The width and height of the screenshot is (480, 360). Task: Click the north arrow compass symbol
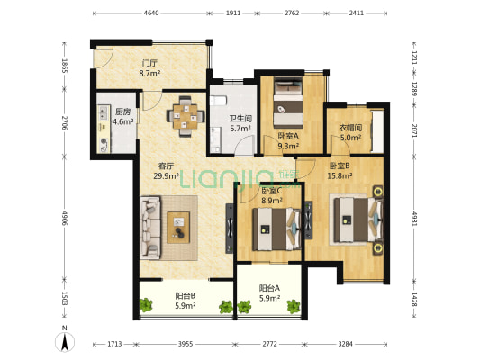[x=65, y=342]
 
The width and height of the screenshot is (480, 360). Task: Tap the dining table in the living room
[x=186, y=116]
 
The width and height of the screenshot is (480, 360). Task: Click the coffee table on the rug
[x=178, y=228]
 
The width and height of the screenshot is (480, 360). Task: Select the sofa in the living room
[x=150, y=228]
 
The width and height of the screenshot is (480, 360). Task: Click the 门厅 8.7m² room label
[x=149, y=68]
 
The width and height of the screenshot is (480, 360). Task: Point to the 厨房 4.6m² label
[x=122, y=117]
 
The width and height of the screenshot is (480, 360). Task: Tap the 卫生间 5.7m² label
[x=240, y=123]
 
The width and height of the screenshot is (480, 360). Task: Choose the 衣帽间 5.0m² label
[x=350, y=132]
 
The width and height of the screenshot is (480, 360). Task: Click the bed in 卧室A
[x=288, y=103]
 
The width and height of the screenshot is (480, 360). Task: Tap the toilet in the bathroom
[x=218, y=101]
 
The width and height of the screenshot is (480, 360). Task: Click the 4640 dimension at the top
[x=151, y=13]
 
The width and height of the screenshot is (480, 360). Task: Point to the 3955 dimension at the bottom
[x=186, y=344]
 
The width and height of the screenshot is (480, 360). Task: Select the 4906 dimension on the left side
[x=65, y=218]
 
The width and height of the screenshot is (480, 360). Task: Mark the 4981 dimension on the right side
[x=414, y=218]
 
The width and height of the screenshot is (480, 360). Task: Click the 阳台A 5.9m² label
[x=269, y=293]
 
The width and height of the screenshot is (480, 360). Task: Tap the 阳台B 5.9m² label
[x=186, y=301]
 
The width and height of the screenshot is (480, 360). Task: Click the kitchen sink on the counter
[x=104, y=112]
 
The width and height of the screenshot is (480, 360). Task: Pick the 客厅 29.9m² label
[x=167, y=171]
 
